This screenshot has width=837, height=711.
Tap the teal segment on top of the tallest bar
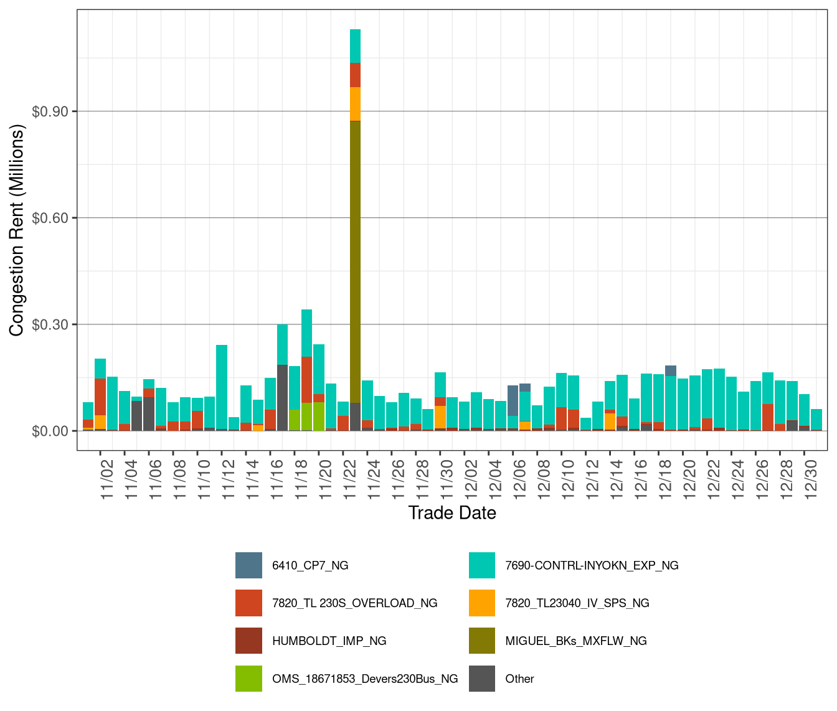[x=355, y=46]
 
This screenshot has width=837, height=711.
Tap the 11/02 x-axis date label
[x=106, y=478]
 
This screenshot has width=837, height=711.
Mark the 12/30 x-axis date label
[x=811, y=478]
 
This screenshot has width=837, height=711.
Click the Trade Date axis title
[x=452, y=513]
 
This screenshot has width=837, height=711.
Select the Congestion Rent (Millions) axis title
[x=17, y=230]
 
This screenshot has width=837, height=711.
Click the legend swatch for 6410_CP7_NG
[x=248, y=565]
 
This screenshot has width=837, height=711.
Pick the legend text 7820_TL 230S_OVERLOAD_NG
[x=354, y=603]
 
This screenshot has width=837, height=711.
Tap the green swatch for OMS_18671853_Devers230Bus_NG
[x=248, y=679]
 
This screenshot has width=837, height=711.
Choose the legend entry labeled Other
[x=519, y=679]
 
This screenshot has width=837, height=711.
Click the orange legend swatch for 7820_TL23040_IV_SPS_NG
[x=482, y=603]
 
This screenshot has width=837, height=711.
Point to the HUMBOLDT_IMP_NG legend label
[x=329, y=641]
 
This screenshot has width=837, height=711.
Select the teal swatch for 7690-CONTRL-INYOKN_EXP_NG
[x=482, y=565]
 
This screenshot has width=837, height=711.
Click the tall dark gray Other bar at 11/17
[x=282, y=398]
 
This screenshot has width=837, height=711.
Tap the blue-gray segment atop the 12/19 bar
[x=671, y=370]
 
